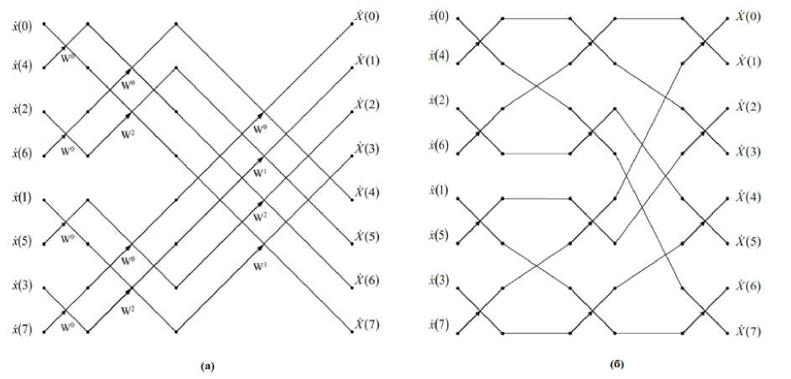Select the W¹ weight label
pyautogui.click(x=260, y=172)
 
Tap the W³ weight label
pyautogui.click(x=260, y=267)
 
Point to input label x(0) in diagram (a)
pyautogui.click(x=22, y=25)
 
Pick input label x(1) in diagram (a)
pyautogui.click(x=22, y=199)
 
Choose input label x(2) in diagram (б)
pyautogui.click(x=438, y=101)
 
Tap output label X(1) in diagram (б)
pyautogui.click(x=748, y=61)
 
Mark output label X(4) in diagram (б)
pyautogui.click(x=748, y=197)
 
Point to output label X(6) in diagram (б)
pyautogui.click(x=748, y=287)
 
